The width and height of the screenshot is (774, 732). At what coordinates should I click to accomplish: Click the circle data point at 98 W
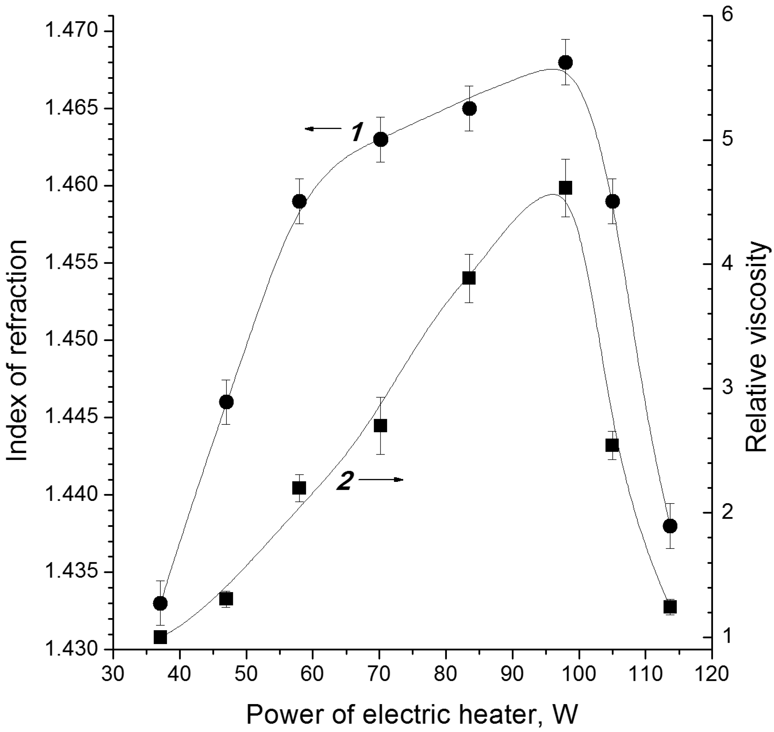(x=565, y=62)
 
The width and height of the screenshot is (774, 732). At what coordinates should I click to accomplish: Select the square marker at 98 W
(x=565, y=188)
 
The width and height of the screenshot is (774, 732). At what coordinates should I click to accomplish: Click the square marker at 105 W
(x=612, y=445)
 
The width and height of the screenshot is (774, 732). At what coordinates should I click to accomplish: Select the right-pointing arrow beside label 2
(x=381, y=480)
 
